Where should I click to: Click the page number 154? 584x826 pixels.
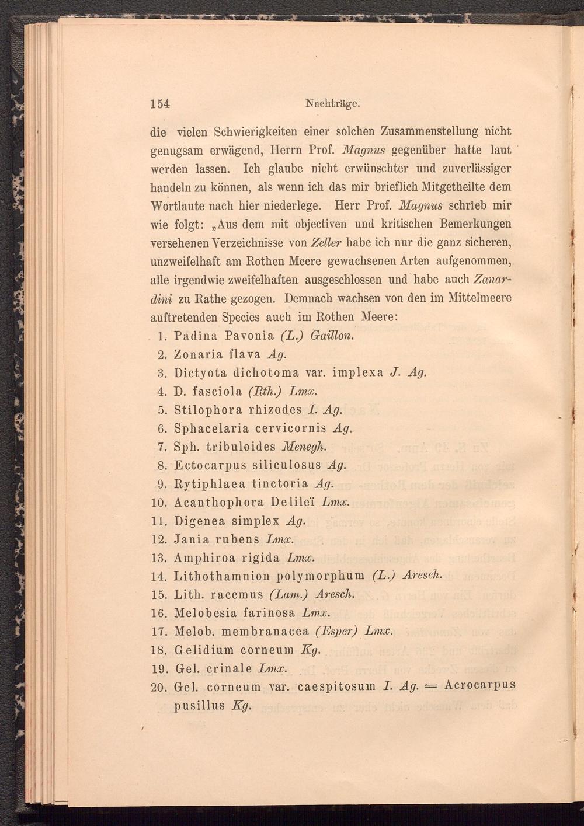click(159, 104)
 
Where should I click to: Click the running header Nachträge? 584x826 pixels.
click(331, 104)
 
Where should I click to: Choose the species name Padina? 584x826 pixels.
click(196, 336)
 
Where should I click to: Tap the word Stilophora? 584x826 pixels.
click(206, 410)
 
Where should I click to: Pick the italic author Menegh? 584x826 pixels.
click(302, 447)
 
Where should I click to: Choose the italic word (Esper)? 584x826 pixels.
click(335, 632)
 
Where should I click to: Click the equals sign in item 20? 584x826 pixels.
click(429, 686)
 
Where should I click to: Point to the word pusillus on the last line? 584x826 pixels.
click(199, 705)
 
